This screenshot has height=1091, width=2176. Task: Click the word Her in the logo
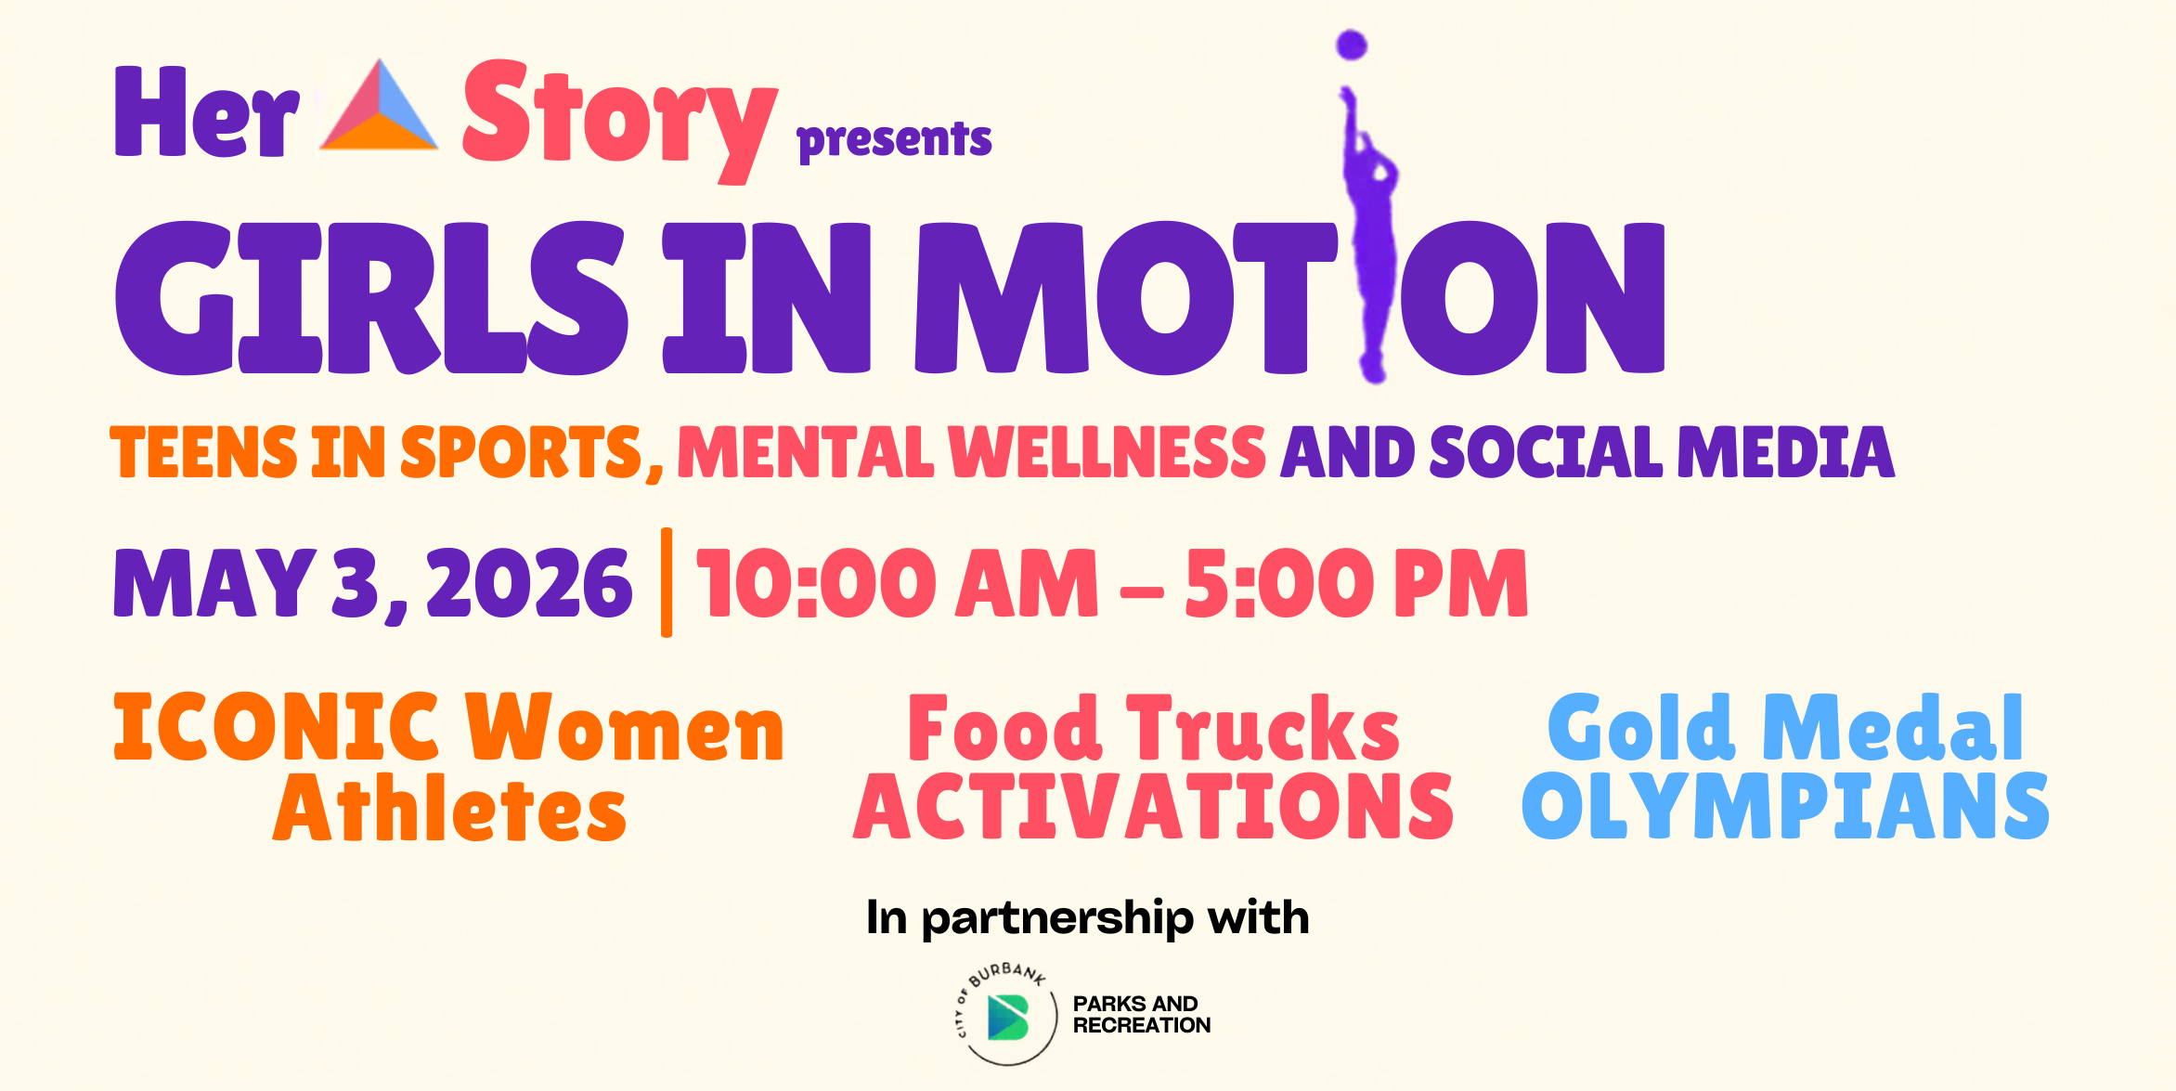206,111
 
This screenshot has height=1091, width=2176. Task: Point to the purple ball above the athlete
1352,45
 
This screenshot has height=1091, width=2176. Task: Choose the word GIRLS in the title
371,298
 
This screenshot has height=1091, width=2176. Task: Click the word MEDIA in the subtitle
1786,452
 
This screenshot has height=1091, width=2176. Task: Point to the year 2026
529,582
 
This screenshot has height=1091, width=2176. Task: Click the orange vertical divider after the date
667,582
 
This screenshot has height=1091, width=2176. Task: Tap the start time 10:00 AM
898,582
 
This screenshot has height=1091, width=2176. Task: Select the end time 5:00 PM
1356,582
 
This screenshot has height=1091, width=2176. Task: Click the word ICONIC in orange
276,727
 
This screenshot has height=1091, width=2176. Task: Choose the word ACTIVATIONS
1153,806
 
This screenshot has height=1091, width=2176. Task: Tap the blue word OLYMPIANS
1785,806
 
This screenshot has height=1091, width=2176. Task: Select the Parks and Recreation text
1142,1015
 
